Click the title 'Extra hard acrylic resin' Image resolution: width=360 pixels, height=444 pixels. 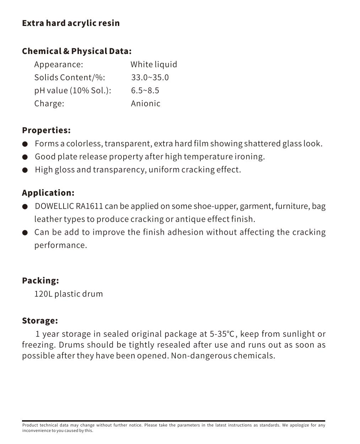tap(71, 23)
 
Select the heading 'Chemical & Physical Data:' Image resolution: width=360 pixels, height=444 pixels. tap(77, 51)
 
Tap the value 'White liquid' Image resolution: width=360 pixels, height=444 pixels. tap(153, 64)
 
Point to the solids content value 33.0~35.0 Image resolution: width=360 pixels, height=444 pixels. tap(150, 77)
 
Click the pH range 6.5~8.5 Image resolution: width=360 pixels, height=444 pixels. tap(145, 91)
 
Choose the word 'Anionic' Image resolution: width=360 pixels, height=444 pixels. tap(146, 104)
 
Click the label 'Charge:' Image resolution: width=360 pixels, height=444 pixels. tap(49, 104)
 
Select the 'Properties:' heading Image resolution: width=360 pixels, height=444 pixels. tap(46, 130)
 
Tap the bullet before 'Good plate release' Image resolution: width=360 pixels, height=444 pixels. tap(25, 157)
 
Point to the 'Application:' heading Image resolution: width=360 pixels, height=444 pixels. tap(48, 193)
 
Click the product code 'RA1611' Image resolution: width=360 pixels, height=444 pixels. tap(89, 206)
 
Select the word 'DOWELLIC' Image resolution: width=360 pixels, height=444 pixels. tap(54, 206)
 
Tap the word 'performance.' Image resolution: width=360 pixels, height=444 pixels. tap(60, 245)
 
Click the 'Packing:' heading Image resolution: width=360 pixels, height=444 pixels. tap(40, 281)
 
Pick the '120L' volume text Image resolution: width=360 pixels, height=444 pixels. tap(43, 294)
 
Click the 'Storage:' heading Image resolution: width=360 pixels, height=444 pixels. tap(40, 321)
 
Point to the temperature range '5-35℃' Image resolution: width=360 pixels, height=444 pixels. tap(222, 334)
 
